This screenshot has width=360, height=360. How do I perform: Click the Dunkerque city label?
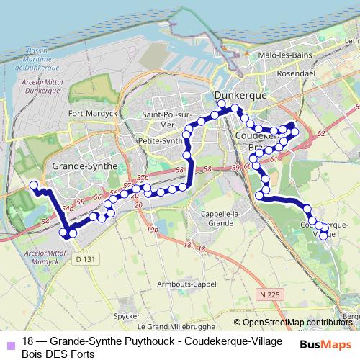tap(241, 94)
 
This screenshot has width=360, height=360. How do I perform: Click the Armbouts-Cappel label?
tap(186, 283)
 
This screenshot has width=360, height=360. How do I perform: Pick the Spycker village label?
tap(126, 315)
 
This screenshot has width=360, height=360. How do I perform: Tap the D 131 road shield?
tap(85, 258)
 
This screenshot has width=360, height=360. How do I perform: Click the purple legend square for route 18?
tap(9, 342)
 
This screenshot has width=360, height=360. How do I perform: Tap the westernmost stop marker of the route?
tap(33, 186)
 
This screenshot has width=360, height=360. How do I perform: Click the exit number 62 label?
tap(320, 134)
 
